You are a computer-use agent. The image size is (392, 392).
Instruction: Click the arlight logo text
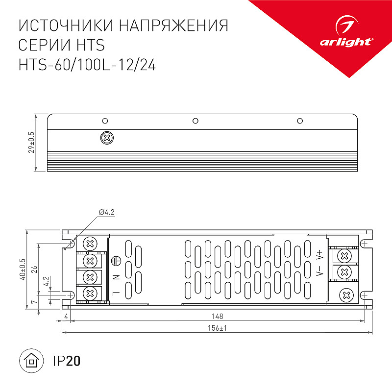pos(346,42)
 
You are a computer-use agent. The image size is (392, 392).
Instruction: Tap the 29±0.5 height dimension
pos(31,142)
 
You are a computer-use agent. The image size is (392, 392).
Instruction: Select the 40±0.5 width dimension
pos(23,269)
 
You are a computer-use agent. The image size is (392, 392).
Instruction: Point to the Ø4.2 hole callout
pos(107,212)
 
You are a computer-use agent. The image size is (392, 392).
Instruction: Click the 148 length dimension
pos(217,316)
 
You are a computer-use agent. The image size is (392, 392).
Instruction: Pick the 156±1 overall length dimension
pos(217,328)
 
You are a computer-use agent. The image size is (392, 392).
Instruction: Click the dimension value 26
pos(34,269)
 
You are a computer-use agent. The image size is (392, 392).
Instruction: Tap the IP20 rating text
pos(67,361)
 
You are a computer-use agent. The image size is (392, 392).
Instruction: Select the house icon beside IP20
pos(31,361)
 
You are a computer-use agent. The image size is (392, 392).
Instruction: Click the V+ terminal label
pos(320,255)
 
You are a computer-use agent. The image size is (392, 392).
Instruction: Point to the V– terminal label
pos(320,270)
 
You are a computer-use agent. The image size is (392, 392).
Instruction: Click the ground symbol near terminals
pos(116,261)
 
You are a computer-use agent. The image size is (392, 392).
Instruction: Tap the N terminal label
pos(116,277)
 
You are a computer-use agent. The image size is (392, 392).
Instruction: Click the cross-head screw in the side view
pos(107,138)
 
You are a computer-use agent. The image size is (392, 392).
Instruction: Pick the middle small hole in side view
pos(196,121)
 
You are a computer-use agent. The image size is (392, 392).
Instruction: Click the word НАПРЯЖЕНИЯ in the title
pos(173,25)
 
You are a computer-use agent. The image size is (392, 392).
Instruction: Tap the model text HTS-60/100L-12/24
pos(87,65)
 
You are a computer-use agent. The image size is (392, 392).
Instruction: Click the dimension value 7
pos(34,302)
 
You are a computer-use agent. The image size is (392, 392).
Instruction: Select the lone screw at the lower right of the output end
pos(346,295)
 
